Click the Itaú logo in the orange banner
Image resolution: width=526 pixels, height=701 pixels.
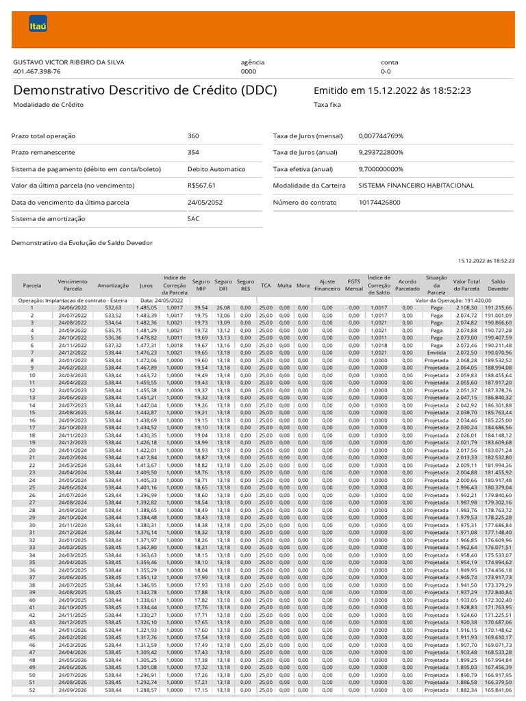[38, 27]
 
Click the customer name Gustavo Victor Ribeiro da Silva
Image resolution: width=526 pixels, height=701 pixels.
[70, 62]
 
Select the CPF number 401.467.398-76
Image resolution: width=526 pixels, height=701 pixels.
[37, 71]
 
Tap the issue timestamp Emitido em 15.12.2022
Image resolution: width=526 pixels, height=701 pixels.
[392, 90]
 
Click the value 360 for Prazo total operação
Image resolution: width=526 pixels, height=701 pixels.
[193, 136]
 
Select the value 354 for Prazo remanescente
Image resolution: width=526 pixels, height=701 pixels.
[193, 153]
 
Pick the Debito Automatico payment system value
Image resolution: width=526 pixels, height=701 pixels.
[216, 169]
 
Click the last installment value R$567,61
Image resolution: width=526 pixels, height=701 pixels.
[201, 186]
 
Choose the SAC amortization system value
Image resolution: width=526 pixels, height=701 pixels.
[194, 218]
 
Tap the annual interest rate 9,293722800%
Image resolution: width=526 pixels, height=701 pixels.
[381, 153]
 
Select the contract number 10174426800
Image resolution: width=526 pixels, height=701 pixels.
[379, 202]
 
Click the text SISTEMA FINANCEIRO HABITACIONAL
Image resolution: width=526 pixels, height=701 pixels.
[416, 186]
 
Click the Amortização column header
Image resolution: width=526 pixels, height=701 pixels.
[109, 285]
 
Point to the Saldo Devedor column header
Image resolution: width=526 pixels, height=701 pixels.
[498, 285]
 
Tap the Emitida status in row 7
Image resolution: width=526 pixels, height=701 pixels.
[436, 353]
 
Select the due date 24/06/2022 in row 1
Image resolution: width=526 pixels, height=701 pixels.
[72, 308]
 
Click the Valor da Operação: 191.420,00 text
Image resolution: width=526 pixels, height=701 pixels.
[453, 301]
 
